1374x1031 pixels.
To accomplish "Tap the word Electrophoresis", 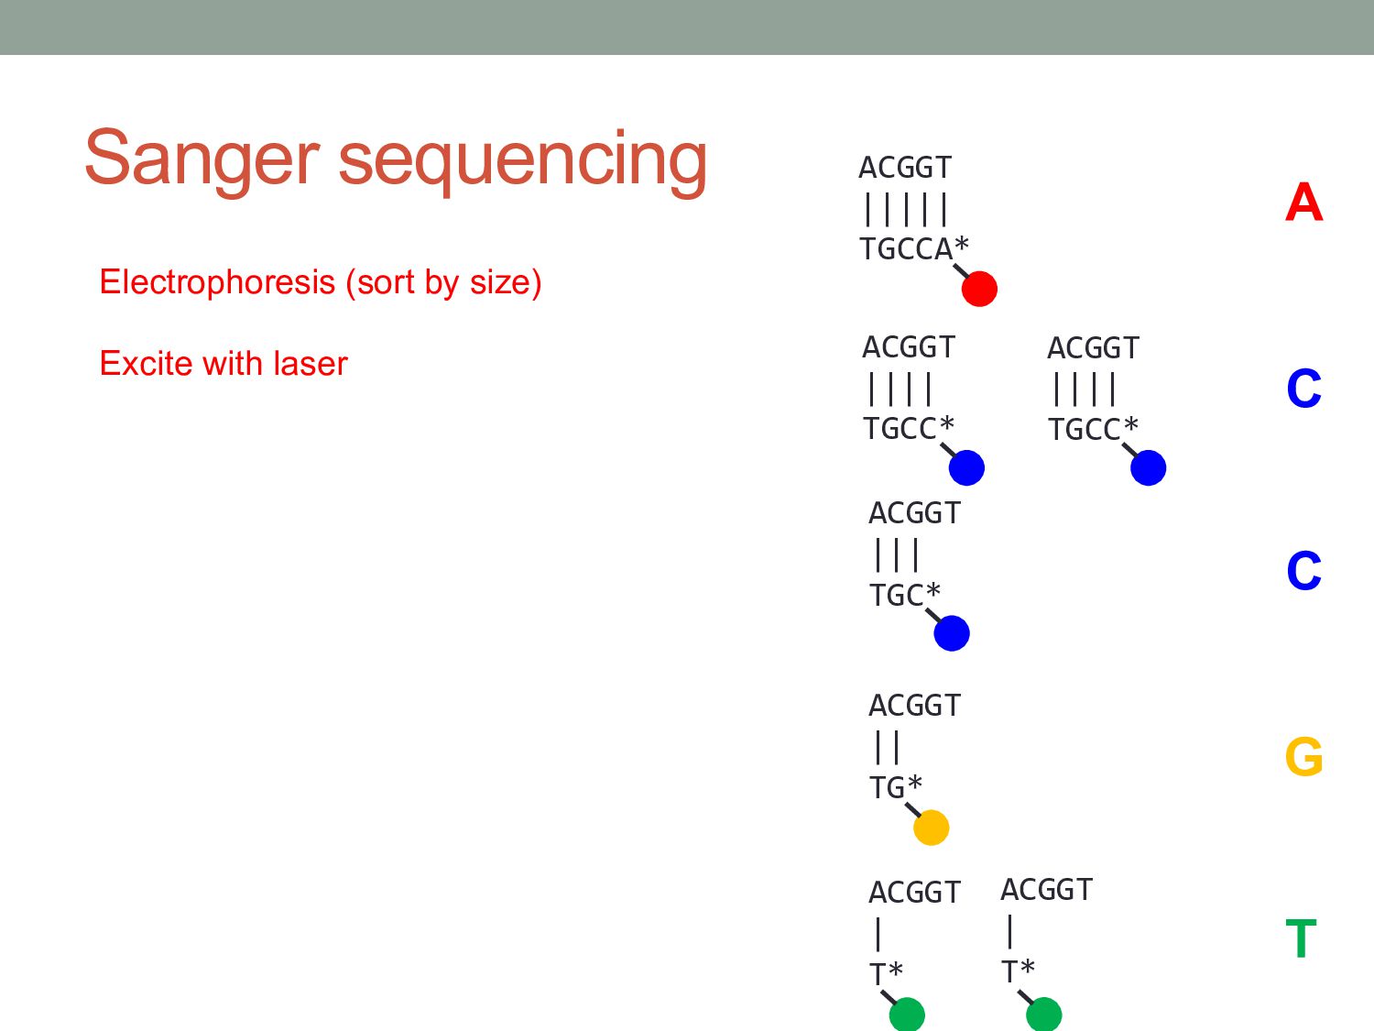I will pos(217,282).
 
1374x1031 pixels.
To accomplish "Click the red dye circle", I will pos(979,289).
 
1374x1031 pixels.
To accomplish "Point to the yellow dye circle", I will pos(931,828).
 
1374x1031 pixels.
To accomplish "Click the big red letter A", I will pos(1303,203).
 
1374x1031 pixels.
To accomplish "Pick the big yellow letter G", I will pos(1303,757).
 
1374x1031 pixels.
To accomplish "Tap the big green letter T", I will pos(1301,939).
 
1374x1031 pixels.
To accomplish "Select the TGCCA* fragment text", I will pos(913,248).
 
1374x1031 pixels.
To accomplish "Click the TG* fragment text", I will pos(895,787).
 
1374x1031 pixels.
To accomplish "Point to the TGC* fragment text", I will pos(904,595).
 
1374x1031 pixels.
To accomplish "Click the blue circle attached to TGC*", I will pos(952,633).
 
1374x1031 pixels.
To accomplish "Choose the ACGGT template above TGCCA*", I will pos(905,168).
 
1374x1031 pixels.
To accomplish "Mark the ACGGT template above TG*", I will pos(914,706).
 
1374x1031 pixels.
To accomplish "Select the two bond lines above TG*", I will pos(887,747).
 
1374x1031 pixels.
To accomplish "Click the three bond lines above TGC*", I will pos(897,554).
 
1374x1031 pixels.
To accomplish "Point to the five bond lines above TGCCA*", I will pos(905,209).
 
